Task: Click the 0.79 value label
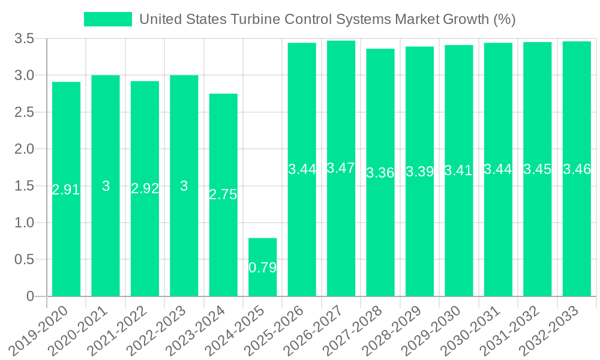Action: (262, 268)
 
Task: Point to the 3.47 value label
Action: (341, 168)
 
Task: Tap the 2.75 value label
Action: (223, 194)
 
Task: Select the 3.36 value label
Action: (380, 173)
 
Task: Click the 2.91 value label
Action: (66, 190)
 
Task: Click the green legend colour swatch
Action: (108, 19)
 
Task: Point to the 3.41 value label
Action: (458, 170)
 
